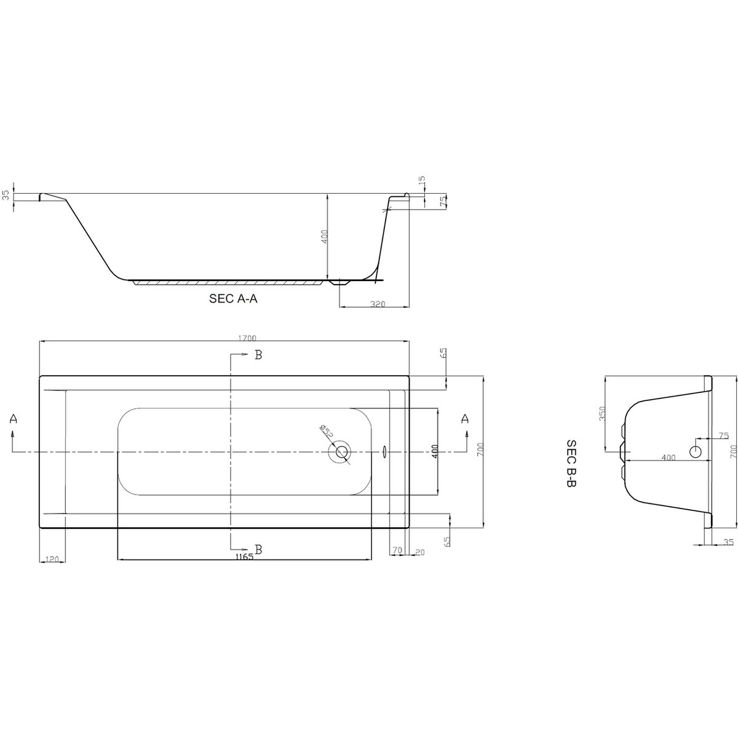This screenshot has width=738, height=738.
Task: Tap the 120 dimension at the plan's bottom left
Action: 52,558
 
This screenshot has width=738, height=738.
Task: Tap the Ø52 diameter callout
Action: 326,432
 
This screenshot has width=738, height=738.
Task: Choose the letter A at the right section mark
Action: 465,419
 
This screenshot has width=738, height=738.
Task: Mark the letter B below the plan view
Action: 258,549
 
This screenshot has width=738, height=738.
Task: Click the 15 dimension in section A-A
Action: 421,182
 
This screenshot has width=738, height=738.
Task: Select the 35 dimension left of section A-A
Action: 6,196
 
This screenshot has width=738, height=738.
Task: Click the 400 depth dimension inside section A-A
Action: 324,236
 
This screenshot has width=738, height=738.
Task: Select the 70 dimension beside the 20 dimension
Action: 397,550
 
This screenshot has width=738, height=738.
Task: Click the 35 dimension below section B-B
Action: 729,542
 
